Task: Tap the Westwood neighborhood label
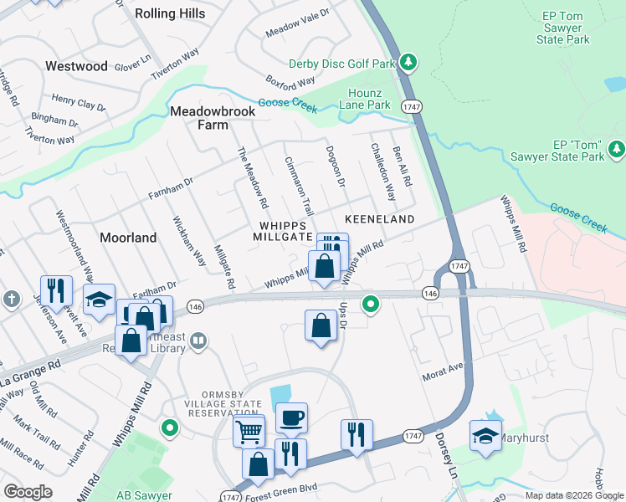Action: pos(76,66)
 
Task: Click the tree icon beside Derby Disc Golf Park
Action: pos(408,62)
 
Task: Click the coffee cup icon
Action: pos(291,417)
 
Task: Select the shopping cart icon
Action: pos(249,432)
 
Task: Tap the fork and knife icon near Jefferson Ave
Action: pos(56,290)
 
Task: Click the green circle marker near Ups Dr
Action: pos(368,303)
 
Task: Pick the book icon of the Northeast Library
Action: pos(198,341)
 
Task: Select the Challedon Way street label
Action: pos(382,172)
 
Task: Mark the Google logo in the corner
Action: pos(28,492)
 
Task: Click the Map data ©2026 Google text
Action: pos(573,495)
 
